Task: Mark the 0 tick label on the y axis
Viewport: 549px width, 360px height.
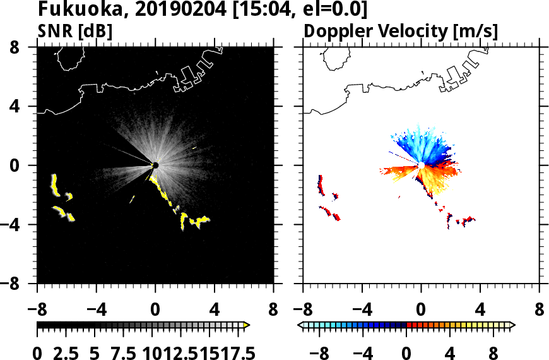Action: (23, 165)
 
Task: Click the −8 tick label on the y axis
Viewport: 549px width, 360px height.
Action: (18, 284)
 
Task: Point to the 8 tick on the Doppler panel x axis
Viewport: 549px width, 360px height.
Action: (540, 311)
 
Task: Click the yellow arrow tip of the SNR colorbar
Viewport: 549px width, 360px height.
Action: (247, 325)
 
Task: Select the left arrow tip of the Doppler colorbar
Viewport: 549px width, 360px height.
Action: (300, 325)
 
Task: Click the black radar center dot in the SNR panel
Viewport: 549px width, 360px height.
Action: (155, 165)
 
